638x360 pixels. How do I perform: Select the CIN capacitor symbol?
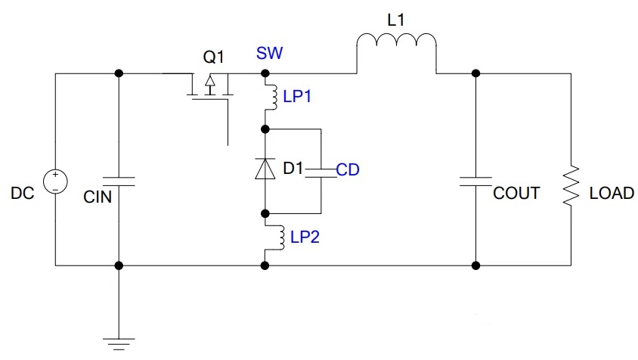pyautogui.click(x=118, y=182)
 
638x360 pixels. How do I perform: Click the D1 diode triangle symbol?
pyautogui.click(x=265, y=169)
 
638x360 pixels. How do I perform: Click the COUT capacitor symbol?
pyautogui.click(x=475, y=182)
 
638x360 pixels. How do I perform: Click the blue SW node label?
pyautogui.click(x=268, y=54)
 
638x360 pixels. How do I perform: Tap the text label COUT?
pyautogui.click(x=516, y=193)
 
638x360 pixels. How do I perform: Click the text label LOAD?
pyautogui.click(x=611, y=193)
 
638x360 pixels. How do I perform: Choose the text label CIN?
pyautogui.click(x=97, y=198)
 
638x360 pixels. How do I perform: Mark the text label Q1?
pyautogui.click(x=214, y=56)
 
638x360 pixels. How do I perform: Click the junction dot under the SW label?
pyautogui.click(x=265, y=73)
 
